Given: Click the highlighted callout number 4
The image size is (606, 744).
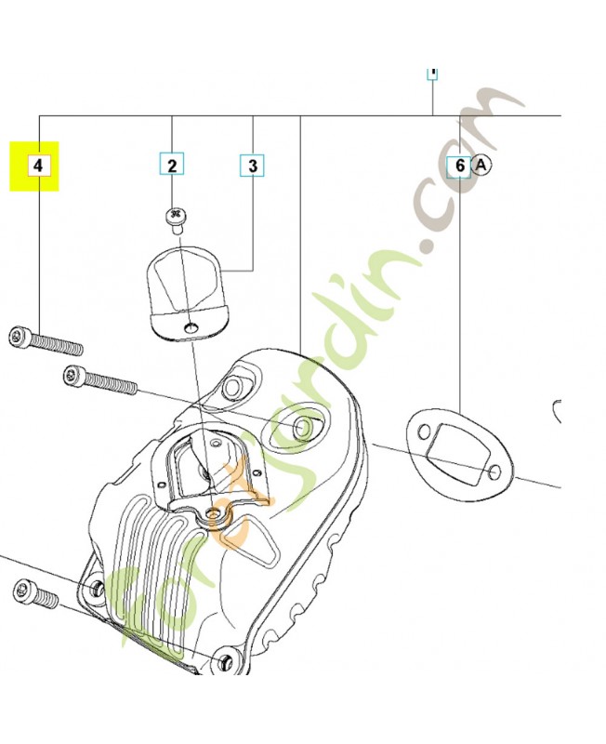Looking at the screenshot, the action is click(38, 166).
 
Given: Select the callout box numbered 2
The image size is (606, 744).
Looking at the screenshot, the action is click(172, 166).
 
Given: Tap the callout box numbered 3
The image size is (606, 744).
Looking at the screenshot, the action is click(253, 166).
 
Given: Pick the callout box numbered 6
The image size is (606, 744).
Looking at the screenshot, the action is click(459, 166).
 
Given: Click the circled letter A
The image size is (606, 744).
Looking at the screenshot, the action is click(481, 166).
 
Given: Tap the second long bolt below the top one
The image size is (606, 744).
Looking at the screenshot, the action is click(100, 380).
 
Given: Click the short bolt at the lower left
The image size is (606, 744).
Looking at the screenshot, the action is click(36, 593).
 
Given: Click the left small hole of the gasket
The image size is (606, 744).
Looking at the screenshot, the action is click(424, 432).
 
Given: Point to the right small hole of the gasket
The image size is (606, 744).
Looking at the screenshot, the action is click(494, 472).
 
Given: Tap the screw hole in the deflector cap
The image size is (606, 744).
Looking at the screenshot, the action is click(191, 328).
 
